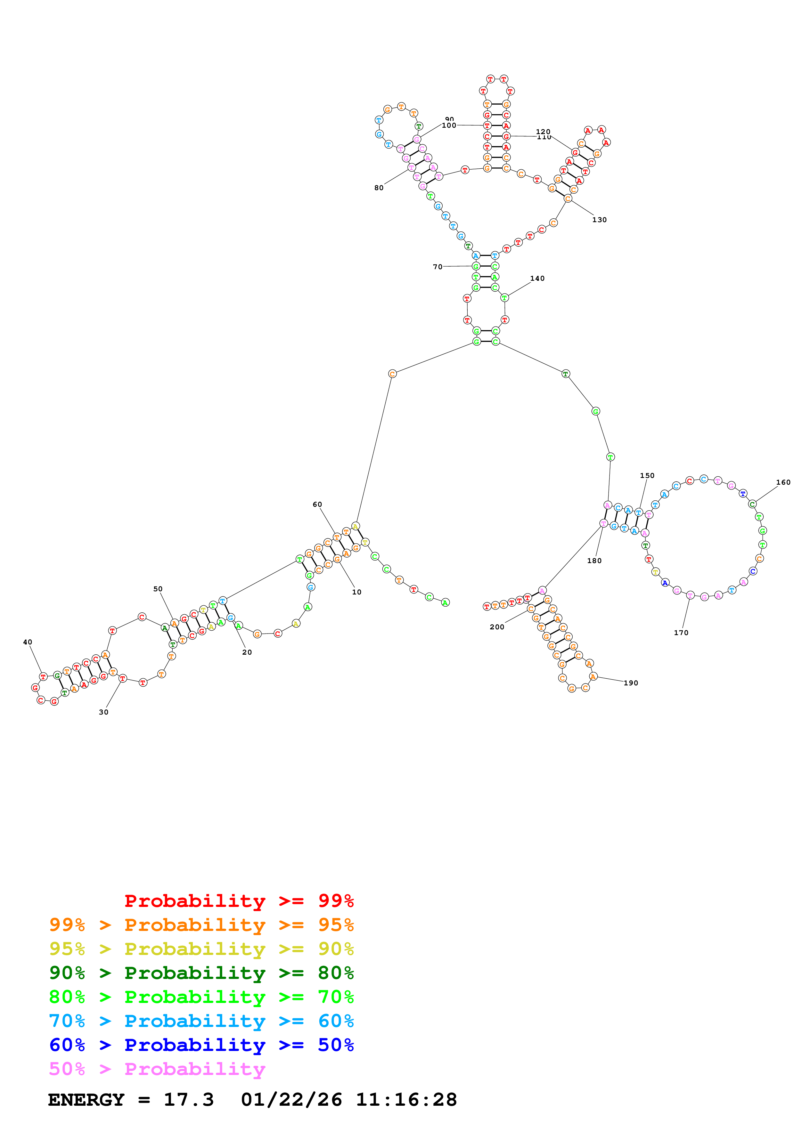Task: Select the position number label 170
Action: click(x=681, y=633)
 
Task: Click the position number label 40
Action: click(x=28, y=642)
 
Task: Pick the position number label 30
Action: click(x=103, y=712)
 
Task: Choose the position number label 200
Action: click(x=496, y=627)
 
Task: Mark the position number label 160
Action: click(x=783, y=482)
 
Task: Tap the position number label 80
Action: click(x=379, y=188)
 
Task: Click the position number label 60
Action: click(x=317, y=504)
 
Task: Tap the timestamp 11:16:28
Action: click(x=406, y=1100)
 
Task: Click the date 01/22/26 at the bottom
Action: click(x=291, y=1100)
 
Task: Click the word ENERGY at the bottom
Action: click(x=86, y=1100)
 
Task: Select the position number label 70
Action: click(x=438, y=267)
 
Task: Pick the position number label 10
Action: click(x=356, y=592)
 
